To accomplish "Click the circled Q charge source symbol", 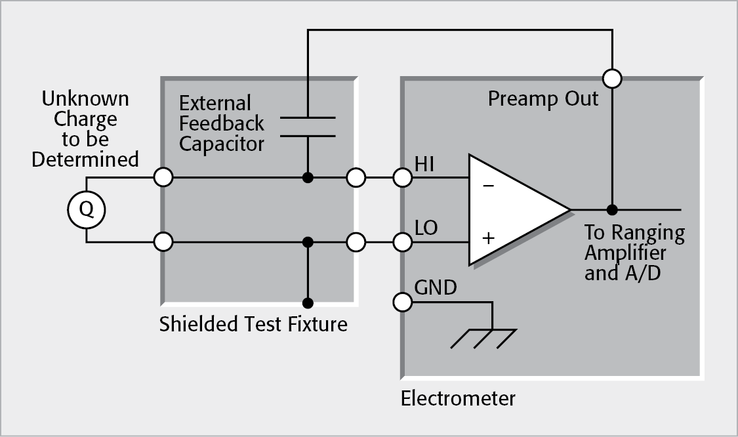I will tap(86, 210).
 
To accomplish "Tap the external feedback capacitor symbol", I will tap(308, 127).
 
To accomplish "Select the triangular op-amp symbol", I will tap(512, 210).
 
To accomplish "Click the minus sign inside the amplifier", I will tap(488, 186).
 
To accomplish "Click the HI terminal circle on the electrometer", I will tap(402, 177).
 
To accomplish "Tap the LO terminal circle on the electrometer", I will tap(402, 242).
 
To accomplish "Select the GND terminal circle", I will tap(402, 302).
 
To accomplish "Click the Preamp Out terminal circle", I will tap(611, 79).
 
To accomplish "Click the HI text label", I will tap(425, 165).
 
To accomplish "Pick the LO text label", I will tap(426, 228).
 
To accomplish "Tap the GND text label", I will tap(436, 288).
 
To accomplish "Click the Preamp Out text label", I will tap(543, 99).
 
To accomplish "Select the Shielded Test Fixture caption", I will tap(253, 324).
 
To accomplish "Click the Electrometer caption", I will tap(458, 398).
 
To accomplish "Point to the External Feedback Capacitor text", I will tap(221, 123).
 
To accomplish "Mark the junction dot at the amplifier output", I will tap(611, 210).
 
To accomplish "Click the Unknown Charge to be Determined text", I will tap(85, 129).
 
